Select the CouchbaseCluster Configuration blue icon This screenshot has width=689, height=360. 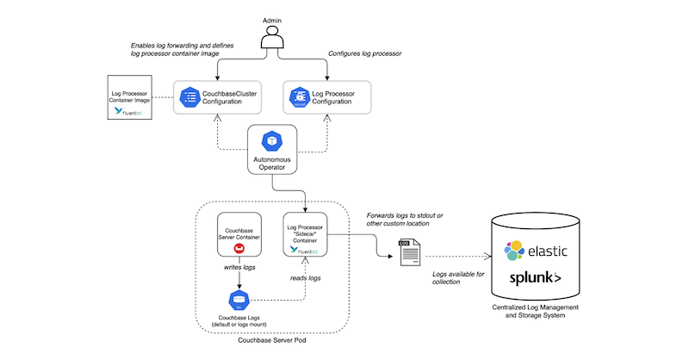pyautogui.click(x=189, y=96)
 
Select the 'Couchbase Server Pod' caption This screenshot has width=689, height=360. pyautogui.click(x=273, y=341)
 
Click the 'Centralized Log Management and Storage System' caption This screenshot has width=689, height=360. pyautogui.click(x=541, y=312)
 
